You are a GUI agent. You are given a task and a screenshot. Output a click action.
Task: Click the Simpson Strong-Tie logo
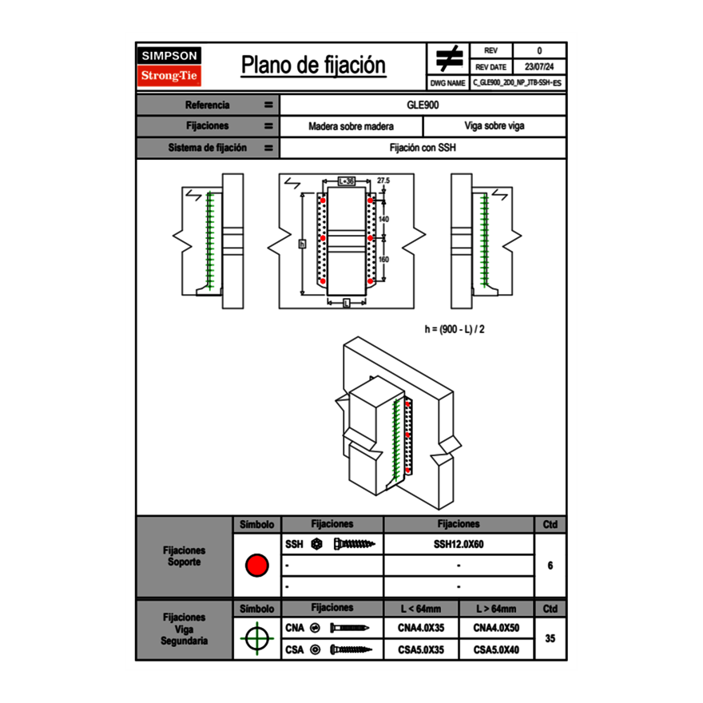click(x=170, y=66)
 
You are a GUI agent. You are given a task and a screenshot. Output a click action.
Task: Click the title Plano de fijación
click(x=313, y=66)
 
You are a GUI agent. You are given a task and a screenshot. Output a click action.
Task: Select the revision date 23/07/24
click(x=539, y=66)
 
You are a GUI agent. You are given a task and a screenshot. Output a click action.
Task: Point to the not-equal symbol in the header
click(x=448, y=58)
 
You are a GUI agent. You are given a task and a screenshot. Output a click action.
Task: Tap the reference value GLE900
click(x=423, y=105)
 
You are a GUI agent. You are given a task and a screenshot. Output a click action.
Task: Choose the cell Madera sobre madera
click(x=351, y=126)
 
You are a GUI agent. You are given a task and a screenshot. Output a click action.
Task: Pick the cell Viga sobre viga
click(x=494, y=126)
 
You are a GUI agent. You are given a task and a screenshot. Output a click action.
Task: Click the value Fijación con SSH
click(x=423, y=148)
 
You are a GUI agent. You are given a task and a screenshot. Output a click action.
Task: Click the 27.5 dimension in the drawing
click(x=383, y=181)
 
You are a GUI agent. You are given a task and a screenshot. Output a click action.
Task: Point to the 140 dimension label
click(x=383, y=218)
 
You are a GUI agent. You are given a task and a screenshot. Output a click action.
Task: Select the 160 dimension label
click(x=383, y=259)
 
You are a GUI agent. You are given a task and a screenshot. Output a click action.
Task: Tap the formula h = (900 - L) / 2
click(x=455, y=328)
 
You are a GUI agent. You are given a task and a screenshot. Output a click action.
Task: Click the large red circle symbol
click(x=256, y=566)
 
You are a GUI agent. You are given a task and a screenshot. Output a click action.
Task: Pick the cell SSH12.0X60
click(x=459, y=544)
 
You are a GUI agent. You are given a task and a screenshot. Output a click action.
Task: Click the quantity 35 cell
click(x=550, y=638)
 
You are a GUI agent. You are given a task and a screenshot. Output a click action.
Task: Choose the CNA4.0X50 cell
click(x=496, y=628)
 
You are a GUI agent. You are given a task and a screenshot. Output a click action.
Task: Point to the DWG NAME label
click(x=447, y=82)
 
